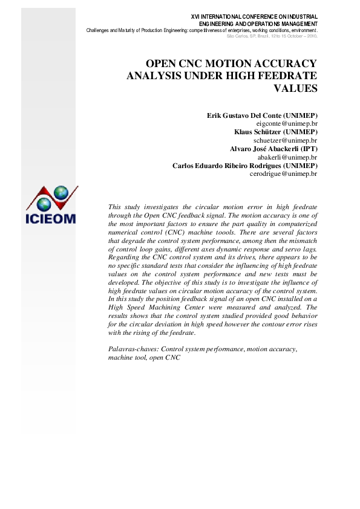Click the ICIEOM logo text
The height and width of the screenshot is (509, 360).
tap(50, 218)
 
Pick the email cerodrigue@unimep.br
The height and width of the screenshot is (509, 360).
tap(284, 173)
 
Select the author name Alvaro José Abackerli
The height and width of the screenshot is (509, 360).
tap(260, 148)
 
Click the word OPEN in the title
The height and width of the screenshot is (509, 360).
tap(163, 63)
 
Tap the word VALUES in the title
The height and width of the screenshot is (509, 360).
tap(296, 88)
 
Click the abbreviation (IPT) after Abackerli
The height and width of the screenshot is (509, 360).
tap(308, 148)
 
